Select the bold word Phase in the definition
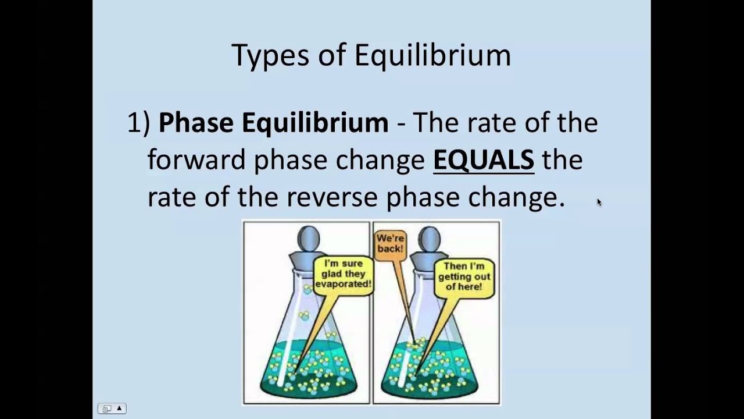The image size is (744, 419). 196,123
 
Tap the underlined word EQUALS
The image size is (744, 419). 484,160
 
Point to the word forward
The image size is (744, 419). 196,160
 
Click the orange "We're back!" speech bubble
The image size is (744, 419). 389,243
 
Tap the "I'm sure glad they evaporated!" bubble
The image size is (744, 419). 343,274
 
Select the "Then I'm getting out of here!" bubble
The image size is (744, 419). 464,276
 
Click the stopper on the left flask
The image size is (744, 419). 308,244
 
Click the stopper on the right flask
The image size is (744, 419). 430,244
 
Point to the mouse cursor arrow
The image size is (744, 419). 599,202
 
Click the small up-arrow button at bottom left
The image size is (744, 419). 119,409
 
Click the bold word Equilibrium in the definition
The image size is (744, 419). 314,123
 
